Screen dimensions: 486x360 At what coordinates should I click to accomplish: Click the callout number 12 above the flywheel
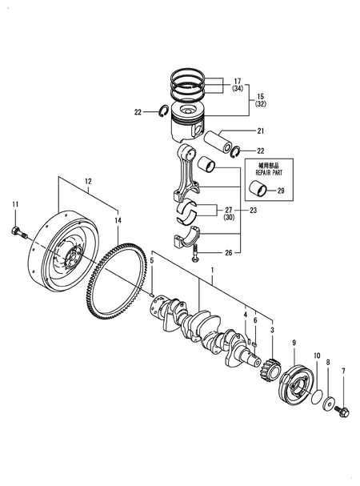click(x=90, y=181)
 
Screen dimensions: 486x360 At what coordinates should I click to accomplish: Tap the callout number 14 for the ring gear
click(x=118, y=219)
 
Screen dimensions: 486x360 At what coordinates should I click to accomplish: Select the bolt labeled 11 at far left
click(x=17, y=232)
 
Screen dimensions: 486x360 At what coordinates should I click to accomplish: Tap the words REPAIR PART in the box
click(x=267, y=171)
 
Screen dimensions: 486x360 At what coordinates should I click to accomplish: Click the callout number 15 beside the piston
click(x=260, y=96)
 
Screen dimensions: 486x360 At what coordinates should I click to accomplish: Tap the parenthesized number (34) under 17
click(x=238, y=89)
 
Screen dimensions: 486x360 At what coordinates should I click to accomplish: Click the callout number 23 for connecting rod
click(x=254, y=211)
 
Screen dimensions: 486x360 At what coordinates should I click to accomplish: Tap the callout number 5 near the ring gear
click(x=151, y=261)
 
